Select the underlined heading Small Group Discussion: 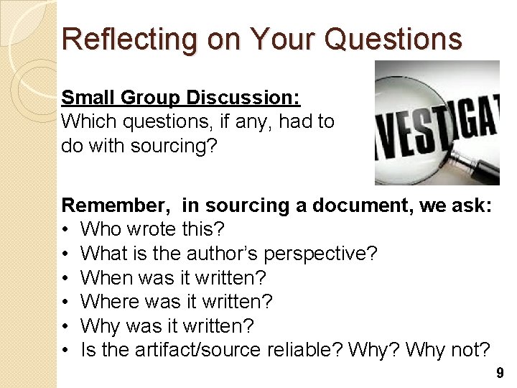pyautogui.click(x=181, y=97)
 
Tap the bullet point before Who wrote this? pyautogui.click(x=65, y=230)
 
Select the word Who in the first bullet pyautogui.click(x=98, y=230)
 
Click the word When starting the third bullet pyautogui.click(x=103, y=277)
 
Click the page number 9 pyautogui.click(x=500, y=373)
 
